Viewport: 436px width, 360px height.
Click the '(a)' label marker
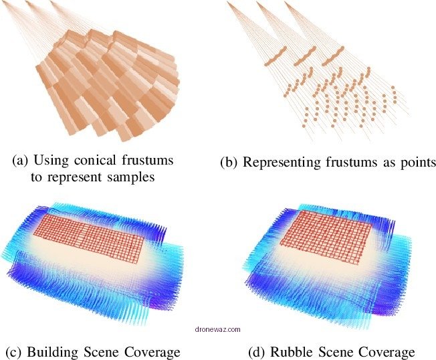(20, 161)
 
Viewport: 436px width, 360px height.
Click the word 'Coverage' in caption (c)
(152, 352)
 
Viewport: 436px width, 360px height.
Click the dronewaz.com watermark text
(218, 329)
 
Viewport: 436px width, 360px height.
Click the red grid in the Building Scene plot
(89, 239)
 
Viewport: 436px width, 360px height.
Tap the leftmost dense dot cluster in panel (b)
(275, 56)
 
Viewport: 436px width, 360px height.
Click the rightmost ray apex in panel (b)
(286, 3)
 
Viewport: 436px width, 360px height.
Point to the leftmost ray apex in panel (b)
(228, 2)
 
